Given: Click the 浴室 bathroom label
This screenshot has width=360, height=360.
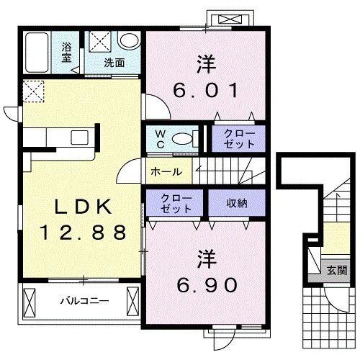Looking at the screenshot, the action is (66, 52).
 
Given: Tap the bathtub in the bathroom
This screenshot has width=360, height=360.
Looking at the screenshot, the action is (37, 53).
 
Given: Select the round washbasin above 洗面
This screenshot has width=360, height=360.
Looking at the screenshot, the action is (130, 40).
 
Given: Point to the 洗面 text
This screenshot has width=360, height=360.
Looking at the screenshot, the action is (114, 63).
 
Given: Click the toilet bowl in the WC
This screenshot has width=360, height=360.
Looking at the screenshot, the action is (182, 138).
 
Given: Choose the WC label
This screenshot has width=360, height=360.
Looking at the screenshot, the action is (161, 139).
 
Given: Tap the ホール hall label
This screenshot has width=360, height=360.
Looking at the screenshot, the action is (166, 172).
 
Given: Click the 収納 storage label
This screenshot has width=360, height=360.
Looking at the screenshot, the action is (237, 204).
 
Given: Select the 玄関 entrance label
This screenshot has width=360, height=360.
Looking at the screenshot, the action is (337, 271).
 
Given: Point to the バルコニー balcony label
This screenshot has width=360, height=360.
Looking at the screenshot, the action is (84, 301).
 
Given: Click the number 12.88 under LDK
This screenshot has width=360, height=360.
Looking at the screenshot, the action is (84, 233).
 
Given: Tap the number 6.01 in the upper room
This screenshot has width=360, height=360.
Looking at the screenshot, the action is (206, 90).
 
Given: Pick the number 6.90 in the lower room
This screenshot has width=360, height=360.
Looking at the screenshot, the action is (207, 285).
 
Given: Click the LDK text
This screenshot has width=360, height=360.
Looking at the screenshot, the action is (84, 207).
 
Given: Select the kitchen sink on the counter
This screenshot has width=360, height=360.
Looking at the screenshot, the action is (79, 138).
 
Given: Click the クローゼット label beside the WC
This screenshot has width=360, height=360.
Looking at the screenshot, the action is (239, 138).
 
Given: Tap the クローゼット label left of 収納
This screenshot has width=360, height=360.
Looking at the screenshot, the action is (176, 204).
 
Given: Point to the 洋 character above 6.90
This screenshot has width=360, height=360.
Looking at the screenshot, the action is (206, 259).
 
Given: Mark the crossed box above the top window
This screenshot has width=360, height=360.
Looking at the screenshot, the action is (230, 19).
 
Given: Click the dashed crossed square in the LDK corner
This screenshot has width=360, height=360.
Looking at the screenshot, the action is (34, 91).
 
